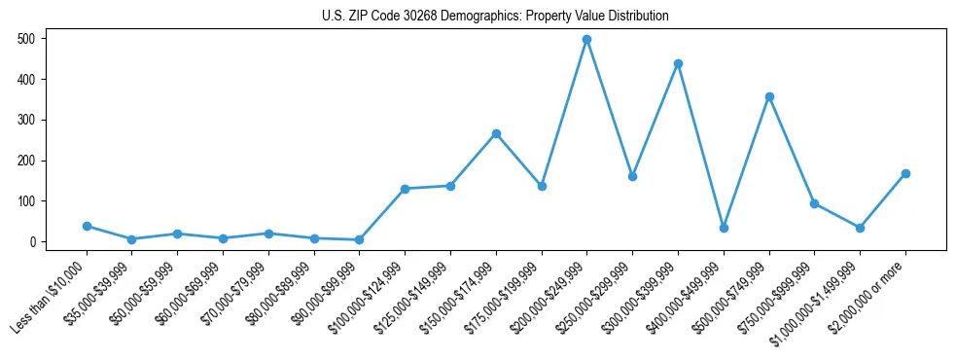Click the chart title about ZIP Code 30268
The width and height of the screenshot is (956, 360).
[x=495, y=16]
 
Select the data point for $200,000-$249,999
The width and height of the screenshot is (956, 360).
[x=586, y=40]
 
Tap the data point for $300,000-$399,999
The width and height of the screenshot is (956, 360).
[x=678, y=64]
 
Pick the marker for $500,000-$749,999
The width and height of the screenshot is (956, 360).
[x=769, y=97]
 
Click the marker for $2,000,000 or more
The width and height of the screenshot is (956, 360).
[x=905, y=173]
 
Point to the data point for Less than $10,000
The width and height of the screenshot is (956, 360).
[x=87, y=226]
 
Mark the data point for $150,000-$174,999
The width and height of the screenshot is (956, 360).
[x=496, y=133]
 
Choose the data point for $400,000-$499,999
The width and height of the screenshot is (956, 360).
[x=724, y=228]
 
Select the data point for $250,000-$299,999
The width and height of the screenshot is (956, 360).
[x=632, y=176]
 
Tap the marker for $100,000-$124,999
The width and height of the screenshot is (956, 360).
[x=405, y=189]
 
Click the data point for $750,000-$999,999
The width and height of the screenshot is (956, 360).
[x=814, y=203]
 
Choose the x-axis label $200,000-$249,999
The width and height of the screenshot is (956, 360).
[x=548, y=289]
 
